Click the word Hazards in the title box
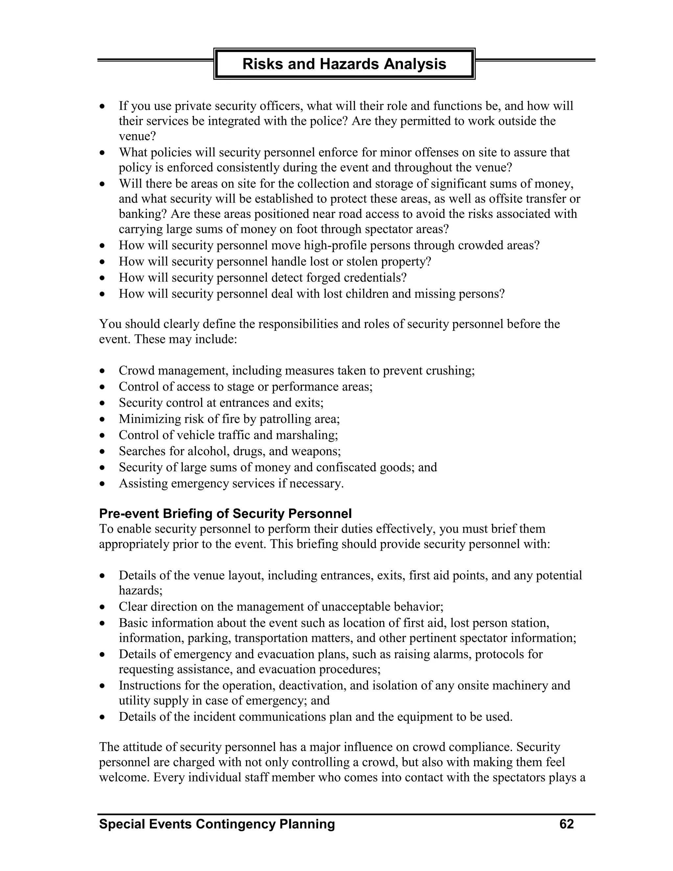point(350,64)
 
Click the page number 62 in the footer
point(567,824)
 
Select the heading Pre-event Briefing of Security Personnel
point(225,513)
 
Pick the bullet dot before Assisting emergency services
point(103,484)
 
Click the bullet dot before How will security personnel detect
point(103,278)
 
